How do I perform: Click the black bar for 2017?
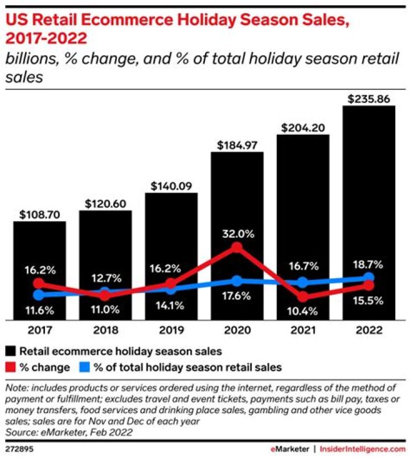click(x=40, y=250)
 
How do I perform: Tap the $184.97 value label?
click(x=237, y=145)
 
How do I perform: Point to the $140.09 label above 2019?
click(x=171, y=185)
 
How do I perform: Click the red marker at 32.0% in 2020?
click(x=237, y=247)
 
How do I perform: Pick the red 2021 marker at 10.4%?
click(x=303, y=296)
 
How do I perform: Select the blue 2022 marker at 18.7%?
click(x=369, y=278)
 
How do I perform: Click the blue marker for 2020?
click(x=237, y=281)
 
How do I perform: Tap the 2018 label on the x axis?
click(x=105, y=330)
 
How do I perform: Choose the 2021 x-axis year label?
click(x=303, y=330)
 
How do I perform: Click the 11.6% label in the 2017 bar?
click(x=39, y=311)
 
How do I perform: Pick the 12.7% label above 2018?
click(x=105, y=279)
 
